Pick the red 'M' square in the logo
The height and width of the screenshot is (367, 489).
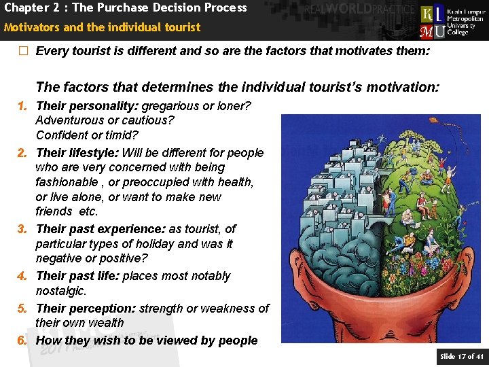[428, 31]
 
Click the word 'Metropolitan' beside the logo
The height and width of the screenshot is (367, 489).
[467, 19]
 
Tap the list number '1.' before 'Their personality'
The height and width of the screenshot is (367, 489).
[22, 106]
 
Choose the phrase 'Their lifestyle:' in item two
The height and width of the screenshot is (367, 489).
[77, 153]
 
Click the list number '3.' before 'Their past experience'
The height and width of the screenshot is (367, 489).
[22, 230]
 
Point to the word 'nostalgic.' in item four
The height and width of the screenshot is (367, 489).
[61, 291]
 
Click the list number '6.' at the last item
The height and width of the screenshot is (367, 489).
[22, 340]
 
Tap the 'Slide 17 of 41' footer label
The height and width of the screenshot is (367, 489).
[462, 357]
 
